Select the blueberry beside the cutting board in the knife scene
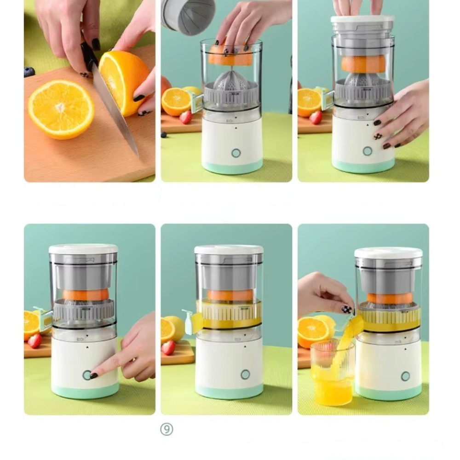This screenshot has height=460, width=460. click(29, 72)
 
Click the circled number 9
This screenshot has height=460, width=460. click(167, 430)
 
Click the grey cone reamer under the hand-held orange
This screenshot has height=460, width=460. click(231, 79)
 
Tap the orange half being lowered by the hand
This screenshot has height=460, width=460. click(230, 55)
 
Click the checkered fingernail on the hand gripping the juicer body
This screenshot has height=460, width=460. click(378, 136)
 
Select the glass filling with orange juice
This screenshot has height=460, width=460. click(332, 372)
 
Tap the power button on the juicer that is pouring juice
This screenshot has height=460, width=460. click(405, 376)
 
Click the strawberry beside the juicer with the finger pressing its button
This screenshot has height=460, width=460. click(34, 341)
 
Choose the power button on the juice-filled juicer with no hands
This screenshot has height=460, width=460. click(245, 374)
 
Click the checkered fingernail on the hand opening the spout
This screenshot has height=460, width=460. click(346, 309)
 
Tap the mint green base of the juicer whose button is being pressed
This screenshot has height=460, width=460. click(85, 391)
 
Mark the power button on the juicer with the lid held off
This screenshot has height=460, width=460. click(236, 153)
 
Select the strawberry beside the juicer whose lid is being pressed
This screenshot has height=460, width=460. click(316, 118)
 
